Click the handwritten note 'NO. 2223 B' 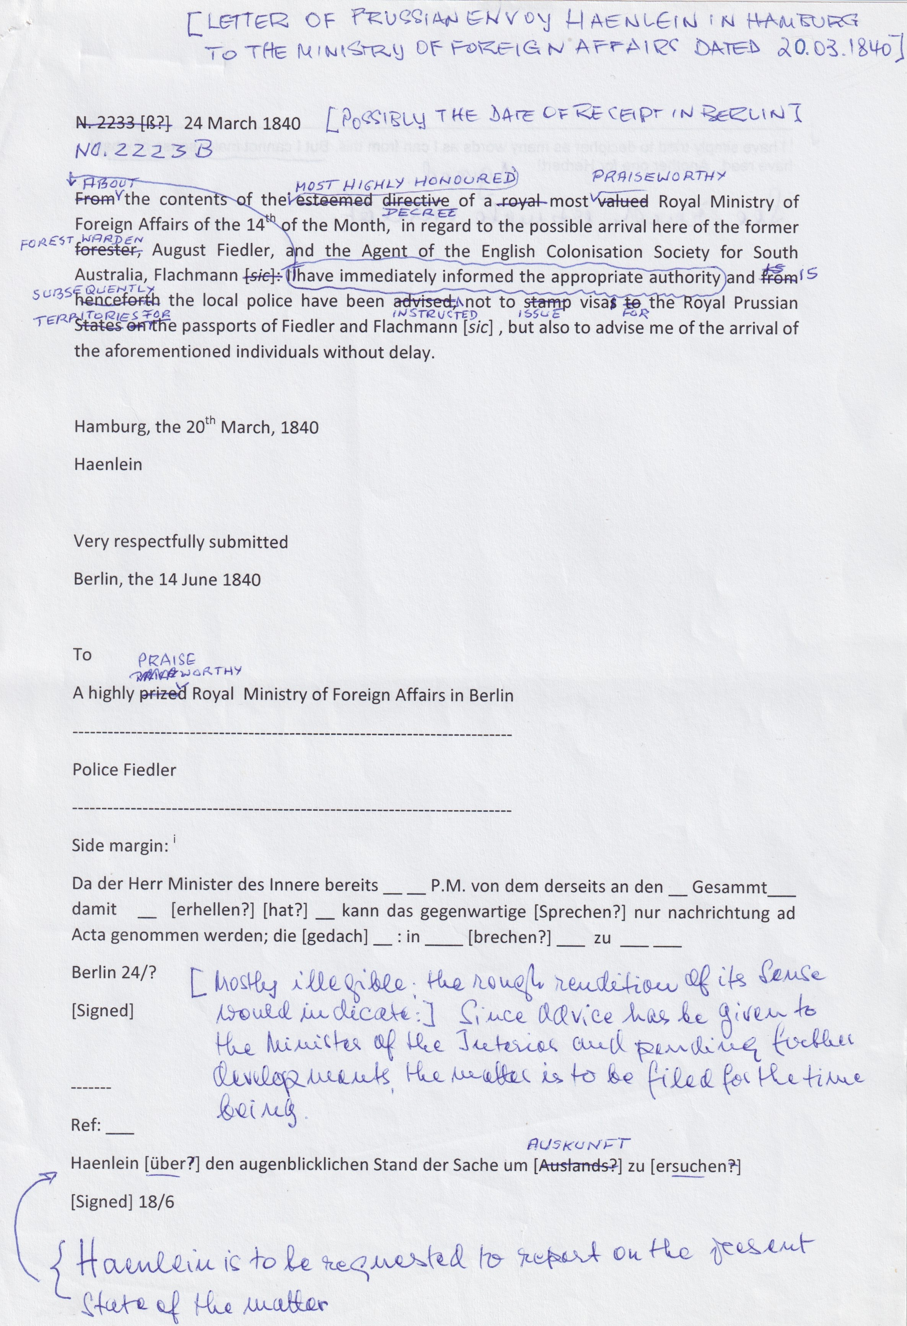pyautogui.click(x=145, y=150)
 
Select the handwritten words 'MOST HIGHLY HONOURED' pyautogui.click(x=405, y=182)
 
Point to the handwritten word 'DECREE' pyautogui.click(x=424, y=212)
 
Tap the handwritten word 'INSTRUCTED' pyautogui.click(x=435, y=314)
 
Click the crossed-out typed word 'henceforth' pyautogui.click(x=117, y=302)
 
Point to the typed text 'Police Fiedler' pyautogui.click(x=124, y=770)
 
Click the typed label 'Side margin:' pyautogui.click(x=119, y=846)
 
